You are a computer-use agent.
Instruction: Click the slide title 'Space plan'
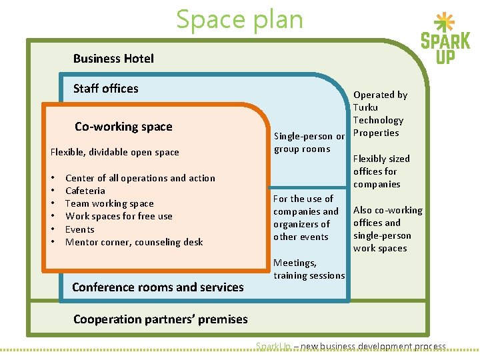(239, 19)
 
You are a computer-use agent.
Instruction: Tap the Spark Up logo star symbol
(445, 23)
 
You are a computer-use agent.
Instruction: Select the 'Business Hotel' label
(113, 59)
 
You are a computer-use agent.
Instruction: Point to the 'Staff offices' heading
(106, 89)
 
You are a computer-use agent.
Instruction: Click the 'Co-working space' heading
(123, 127)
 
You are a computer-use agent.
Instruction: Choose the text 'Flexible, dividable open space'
(115, 152)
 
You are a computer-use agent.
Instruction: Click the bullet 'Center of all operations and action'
(140, 178)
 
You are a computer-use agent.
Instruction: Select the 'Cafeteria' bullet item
(85, 191)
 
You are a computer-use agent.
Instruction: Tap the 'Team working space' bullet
(109, 203)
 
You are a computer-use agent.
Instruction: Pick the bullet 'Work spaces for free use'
(119, 216)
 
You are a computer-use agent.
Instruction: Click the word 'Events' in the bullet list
(80, 229)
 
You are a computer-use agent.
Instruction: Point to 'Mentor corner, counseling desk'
(134, 242)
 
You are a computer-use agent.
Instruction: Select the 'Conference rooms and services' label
(158, 287)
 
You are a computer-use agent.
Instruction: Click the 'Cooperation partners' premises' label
(160, 319)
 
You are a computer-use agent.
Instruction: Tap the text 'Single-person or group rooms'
(309, 143)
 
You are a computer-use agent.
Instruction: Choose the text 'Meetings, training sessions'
(309, 269)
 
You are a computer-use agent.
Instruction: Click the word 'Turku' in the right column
(365, 107)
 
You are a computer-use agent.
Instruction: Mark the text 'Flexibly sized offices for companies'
(381, 171)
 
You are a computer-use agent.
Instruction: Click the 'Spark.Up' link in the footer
(273, 346)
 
